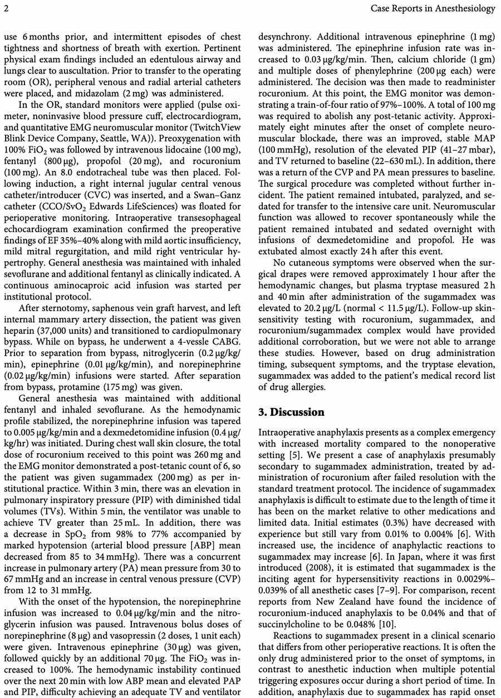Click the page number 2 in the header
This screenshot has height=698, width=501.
[6, 8]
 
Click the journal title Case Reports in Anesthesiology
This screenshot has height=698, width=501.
[433, 8]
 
